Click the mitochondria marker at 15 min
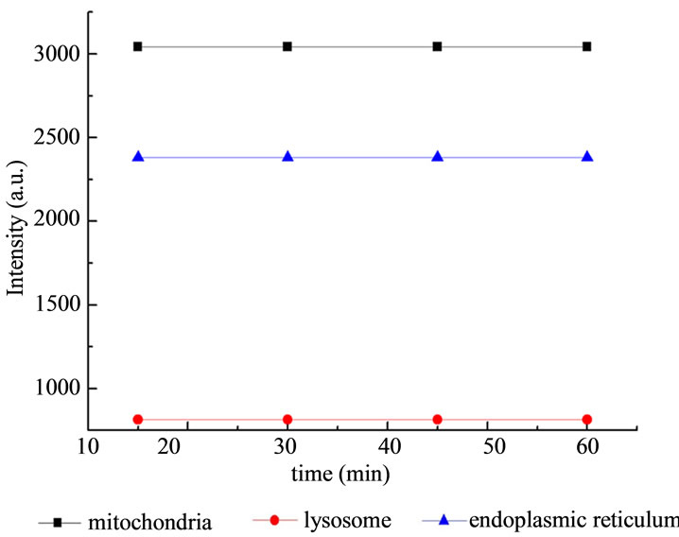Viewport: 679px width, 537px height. [138, 46]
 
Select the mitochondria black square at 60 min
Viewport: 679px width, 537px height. [587, 46]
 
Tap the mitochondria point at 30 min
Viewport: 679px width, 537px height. [287, 46]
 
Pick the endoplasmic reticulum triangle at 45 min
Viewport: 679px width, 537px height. [438, 156]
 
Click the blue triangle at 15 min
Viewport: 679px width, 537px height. [138, 156]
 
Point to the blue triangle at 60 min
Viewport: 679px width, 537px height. [587, 156]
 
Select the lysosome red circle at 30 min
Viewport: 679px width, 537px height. [287, 419]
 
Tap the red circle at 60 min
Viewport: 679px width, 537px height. [587, 419]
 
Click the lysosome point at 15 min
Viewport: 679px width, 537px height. [138, 419]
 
